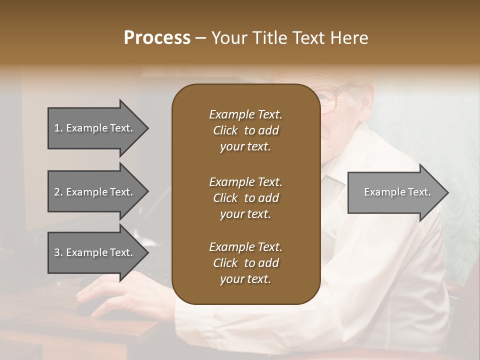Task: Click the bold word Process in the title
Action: [x=157, y=38]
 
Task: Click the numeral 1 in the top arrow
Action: [x=57, y=128]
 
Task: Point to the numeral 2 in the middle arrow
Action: [x=57, y=192]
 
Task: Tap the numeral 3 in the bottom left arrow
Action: [x=57, y=252]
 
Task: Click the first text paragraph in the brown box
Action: [x=245, y=130]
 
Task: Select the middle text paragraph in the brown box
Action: [x=245, y=197]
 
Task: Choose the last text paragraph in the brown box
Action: [x=245, y=263]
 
